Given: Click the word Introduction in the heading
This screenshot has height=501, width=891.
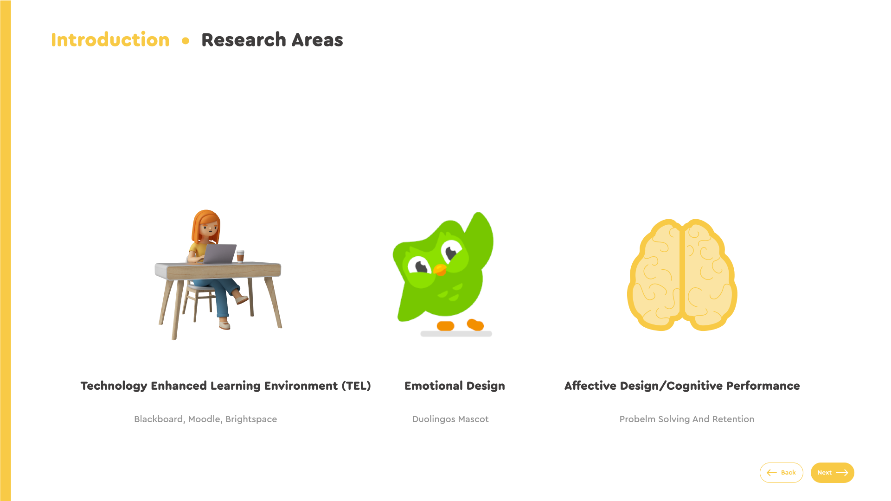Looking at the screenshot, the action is click(110, 40).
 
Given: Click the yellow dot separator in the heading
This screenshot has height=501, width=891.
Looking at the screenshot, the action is click(186, 41).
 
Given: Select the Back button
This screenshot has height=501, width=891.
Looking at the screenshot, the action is click(781, 473).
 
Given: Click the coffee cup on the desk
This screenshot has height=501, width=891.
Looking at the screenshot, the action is click(240, 256).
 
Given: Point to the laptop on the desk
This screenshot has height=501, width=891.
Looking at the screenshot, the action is click(219, 254).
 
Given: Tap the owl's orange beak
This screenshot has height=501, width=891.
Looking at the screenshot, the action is click(440, 269).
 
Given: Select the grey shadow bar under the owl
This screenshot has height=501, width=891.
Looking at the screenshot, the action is click(456, 334).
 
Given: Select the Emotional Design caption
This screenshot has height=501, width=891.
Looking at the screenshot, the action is click(455, 386).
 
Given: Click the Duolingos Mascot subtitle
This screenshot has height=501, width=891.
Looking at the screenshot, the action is click(450, 419).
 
